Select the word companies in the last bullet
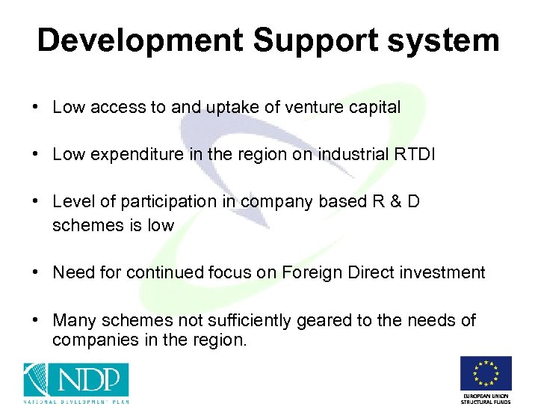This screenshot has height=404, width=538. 90,340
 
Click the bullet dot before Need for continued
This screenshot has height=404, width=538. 35,273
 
